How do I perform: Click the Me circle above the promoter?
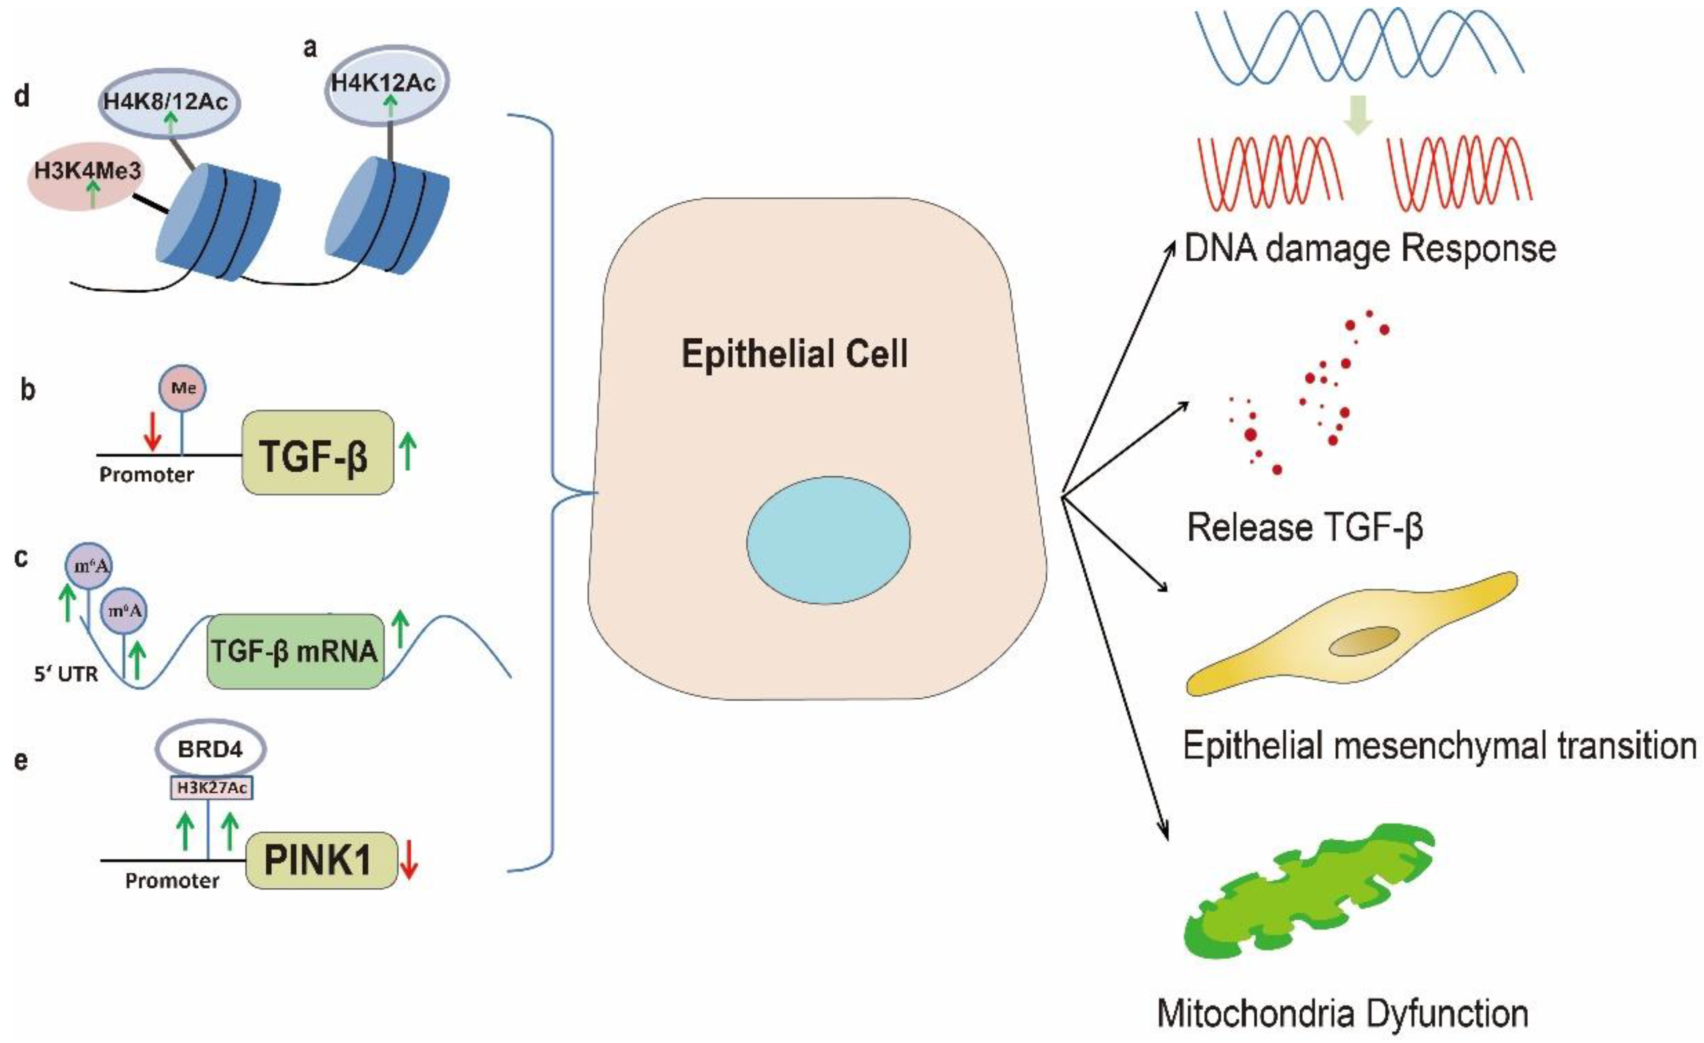183,388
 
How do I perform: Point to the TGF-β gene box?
317,452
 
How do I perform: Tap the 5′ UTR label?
66,674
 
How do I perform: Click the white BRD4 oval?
210,749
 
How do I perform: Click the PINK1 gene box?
322,860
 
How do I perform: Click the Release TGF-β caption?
1304,527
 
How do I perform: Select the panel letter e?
21,759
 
